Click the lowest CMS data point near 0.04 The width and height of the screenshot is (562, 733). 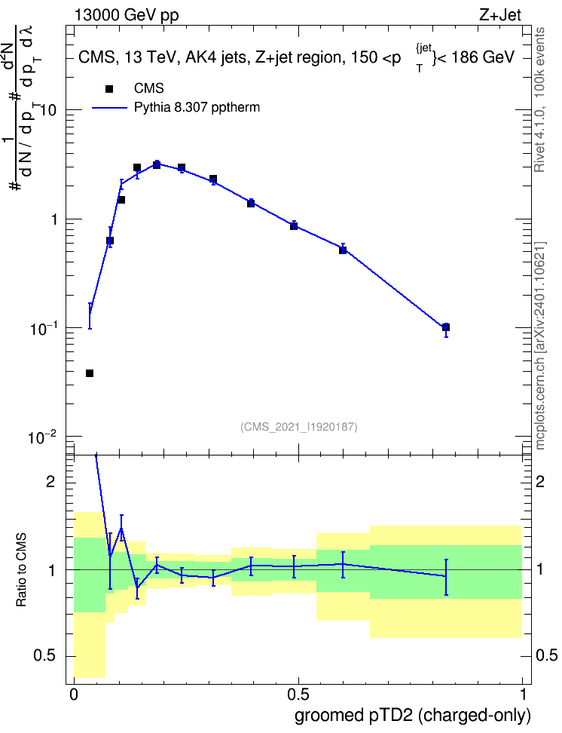(x=90, y=373)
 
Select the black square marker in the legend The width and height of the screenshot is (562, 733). (x=109, y=89)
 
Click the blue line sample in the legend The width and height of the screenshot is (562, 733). (x=109, y=108)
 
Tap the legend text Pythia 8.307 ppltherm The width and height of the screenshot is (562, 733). (x=197, y=108)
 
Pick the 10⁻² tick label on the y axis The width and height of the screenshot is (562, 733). (x=42, y=437)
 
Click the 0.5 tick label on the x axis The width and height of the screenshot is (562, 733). (x=298, y=695)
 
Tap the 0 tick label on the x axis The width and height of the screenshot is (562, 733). (x=74, y=695)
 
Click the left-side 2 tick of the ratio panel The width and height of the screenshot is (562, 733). (x=51, y=482)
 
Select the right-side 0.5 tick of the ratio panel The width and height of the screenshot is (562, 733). (x=546, y=655)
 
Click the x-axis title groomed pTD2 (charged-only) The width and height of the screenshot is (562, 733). (x=413, y=716)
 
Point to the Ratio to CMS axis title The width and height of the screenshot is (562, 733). (x=21, y=569)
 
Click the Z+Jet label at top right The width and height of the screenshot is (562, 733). (x=500, y=15)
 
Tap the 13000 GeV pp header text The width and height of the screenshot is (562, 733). (x=127, y=16)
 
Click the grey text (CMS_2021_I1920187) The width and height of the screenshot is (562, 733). (x=299, y=427)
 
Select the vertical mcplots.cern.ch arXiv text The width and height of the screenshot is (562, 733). (x=540, y=345)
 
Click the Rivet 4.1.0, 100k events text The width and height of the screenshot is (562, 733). (x=539, y=100)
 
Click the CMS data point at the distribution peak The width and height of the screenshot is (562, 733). (x=157, y=164)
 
